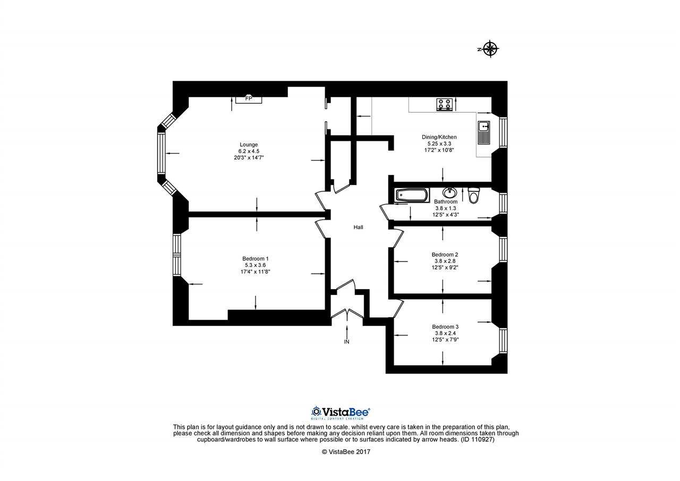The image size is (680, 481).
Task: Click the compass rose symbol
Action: click(490, 48)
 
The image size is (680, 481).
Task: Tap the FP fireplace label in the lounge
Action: click(249, 98)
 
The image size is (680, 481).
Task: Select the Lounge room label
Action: click(249, 145)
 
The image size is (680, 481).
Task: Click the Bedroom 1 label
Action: click(256, 259)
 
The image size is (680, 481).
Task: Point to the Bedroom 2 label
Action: click(445, 255)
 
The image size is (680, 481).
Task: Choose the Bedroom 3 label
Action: click(445, 327)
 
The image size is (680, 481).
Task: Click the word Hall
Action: click(358, 227)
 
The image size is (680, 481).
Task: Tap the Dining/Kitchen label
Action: click(439, 137)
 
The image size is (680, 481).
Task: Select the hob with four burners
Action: click(445, 104)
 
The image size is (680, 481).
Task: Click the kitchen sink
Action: click(483, 132)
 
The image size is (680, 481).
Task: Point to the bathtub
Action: click(412, 195)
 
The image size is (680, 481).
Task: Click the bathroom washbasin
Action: click(449, 192)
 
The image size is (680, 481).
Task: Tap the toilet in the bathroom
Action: click(473, 195)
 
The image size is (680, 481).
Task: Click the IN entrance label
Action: click(346, 342)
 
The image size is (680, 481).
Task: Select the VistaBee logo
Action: click(341, 412)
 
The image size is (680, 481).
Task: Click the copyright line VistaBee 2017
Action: click(346, 452)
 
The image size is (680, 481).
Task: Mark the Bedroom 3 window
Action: click(503, 340)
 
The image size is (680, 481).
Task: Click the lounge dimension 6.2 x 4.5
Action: click(249, 151)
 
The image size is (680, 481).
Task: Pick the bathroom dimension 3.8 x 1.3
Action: click(446, 208)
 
